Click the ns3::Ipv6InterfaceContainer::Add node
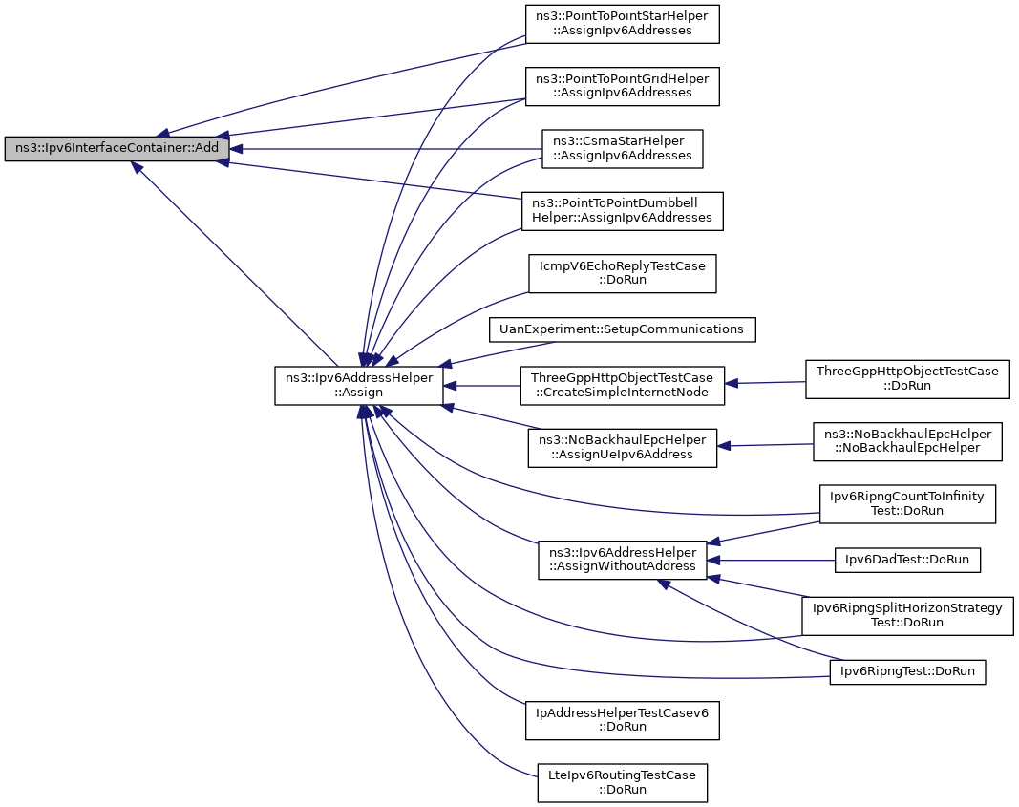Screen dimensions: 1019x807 coord(117,148)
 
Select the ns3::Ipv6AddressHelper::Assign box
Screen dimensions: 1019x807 coord(359,385)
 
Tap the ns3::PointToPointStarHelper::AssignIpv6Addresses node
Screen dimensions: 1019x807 coord(622,24)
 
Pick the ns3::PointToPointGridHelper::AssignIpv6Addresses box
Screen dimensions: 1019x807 coord(622,86)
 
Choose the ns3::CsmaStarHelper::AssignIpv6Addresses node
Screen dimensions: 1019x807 coord(622,149)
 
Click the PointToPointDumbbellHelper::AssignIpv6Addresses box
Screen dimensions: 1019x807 coord(622,211)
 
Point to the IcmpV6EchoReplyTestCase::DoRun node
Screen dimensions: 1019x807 coord(622,273)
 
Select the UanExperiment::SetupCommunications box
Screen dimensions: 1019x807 coord(622,329)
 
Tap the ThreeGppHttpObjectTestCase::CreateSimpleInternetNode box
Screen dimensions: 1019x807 coord(622,385)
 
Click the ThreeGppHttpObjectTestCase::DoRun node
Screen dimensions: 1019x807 coord(907,379)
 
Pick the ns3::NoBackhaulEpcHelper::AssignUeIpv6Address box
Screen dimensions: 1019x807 coord(622,448)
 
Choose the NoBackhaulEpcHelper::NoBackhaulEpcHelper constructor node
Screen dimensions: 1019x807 coord(907,441)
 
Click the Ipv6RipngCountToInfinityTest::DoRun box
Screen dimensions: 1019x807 coord(907,503)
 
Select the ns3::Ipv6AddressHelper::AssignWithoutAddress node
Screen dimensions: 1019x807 coord(622,560)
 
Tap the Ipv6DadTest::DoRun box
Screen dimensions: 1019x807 coord(907,560)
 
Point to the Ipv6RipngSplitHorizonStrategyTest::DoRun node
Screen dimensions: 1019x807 coord(907,615)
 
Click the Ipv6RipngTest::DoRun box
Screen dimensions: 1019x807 coord(907,671)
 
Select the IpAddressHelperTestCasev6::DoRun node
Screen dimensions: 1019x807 coord(622,720)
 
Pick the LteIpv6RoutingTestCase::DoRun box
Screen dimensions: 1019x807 coord(622,783)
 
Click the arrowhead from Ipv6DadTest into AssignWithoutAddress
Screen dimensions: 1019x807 coord(713,560)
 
